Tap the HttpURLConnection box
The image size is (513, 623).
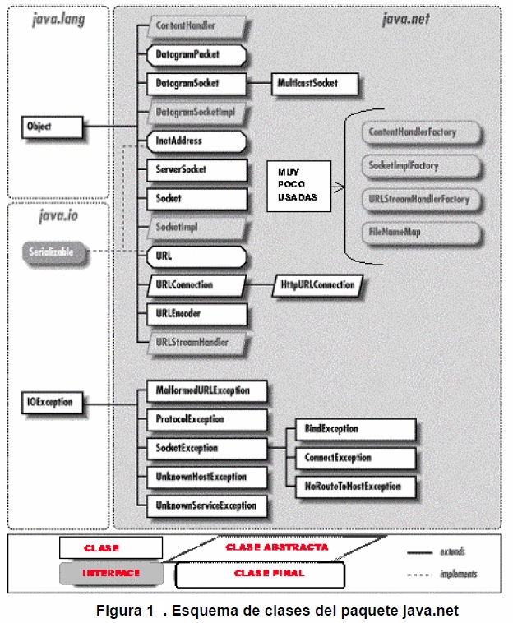318,285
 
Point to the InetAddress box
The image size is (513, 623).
196,141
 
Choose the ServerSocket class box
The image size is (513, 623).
196,170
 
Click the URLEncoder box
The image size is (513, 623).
196,313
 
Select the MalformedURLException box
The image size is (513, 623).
206,390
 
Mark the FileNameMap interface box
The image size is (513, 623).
419,233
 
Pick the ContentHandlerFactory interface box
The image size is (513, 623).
419,132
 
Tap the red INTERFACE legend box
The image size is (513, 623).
109,572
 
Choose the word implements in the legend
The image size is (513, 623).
458,574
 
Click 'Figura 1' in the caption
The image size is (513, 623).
125,611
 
